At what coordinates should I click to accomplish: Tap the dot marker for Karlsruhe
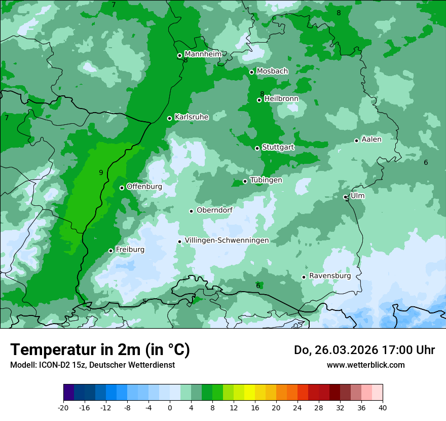tap(170, 118)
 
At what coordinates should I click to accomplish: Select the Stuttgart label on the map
tap(278, 147)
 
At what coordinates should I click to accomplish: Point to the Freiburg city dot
tap(111, 251)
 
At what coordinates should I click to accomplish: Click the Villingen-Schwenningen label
tap(227, 240)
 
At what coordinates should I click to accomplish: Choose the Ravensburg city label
tap(329, 276)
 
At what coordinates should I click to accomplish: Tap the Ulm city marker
tap(346, 197)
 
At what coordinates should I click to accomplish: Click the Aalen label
tap(371, 139)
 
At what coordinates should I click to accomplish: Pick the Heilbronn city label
tap(281, 98)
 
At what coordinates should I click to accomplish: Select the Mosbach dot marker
tap(252, 72)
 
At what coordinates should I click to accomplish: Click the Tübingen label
tap(266, 180)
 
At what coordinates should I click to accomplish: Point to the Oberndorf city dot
tap(192, 211)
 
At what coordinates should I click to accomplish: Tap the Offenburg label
tap(144, 187)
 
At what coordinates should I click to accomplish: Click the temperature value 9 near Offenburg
tap(101, 173)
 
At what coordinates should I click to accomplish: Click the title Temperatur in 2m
tap(100, 350)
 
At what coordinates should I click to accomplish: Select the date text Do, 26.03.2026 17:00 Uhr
tap(364, 350)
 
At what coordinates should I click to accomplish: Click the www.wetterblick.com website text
tap(365, 365)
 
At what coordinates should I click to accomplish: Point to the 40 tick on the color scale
tap(383, 407)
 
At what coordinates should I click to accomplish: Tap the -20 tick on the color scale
tap(63, 407)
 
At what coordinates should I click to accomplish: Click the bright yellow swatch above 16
tap(249, 393)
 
